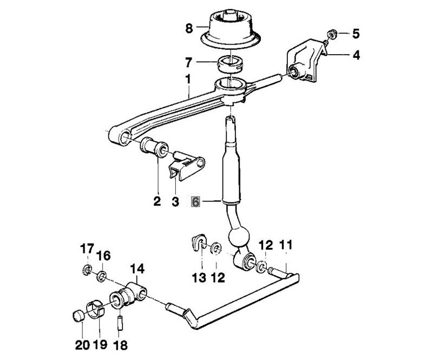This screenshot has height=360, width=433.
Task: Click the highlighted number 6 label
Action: pos(196,202)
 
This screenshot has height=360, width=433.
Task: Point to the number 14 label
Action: pos(137,267)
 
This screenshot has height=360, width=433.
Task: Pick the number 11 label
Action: pos(285,245)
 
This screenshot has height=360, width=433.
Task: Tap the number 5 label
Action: pos(356,34)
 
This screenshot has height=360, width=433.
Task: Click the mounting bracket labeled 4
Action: pos(306,64)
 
